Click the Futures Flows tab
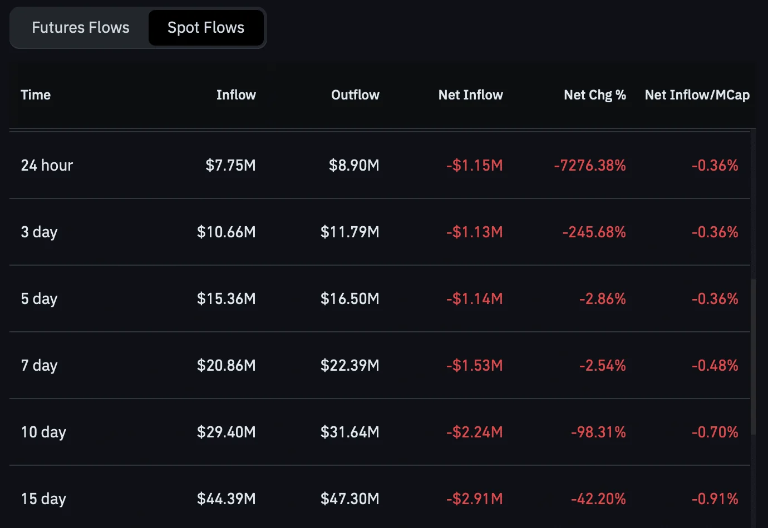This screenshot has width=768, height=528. pyautogui.click(x=81, y=27)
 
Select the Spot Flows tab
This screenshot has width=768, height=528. pyautogui.click(x=206, y=28)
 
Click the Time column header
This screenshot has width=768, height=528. pyautogui.click(x=36, y=95)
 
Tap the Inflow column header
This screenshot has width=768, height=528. pyautogui.click(x=236, y=95)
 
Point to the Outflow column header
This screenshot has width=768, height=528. pyautogui.click(x=355, y=95)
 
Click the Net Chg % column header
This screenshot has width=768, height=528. pyautogui.click(x=595, y=95)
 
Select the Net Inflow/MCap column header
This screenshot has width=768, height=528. pyautogui.click(x=697, y=95)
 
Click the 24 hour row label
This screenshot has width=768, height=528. pyautogui.click(x=47, y=165)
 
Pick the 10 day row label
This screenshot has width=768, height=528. pyautogui.click(x=43, y=432)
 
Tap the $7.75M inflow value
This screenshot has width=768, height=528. pyautogui.click(x=231, y=165)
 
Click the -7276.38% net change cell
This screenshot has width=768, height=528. pyautogui.click(x=590, y=165)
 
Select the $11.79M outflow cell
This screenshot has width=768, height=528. pyautogui.click(x=350, y=232)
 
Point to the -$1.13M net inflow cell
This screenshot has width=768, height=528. pyautogui.click(x=475, y=232)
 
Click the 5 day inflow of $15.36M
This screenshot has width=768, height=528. pyautogui.click(x=227, y=298)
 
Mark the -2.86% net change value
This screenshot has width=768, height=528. pyautogui.click(x=603, y=298)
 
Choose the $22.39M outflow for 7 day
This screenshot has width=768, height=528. pyautogui.click(x=350, y=365)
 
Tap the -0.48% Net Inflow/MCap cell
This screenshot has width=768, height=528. pyautogui.click(x=715, y=365)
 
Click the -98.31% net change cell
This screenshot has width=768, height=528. pyautogui.click(x=599, y=432)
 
